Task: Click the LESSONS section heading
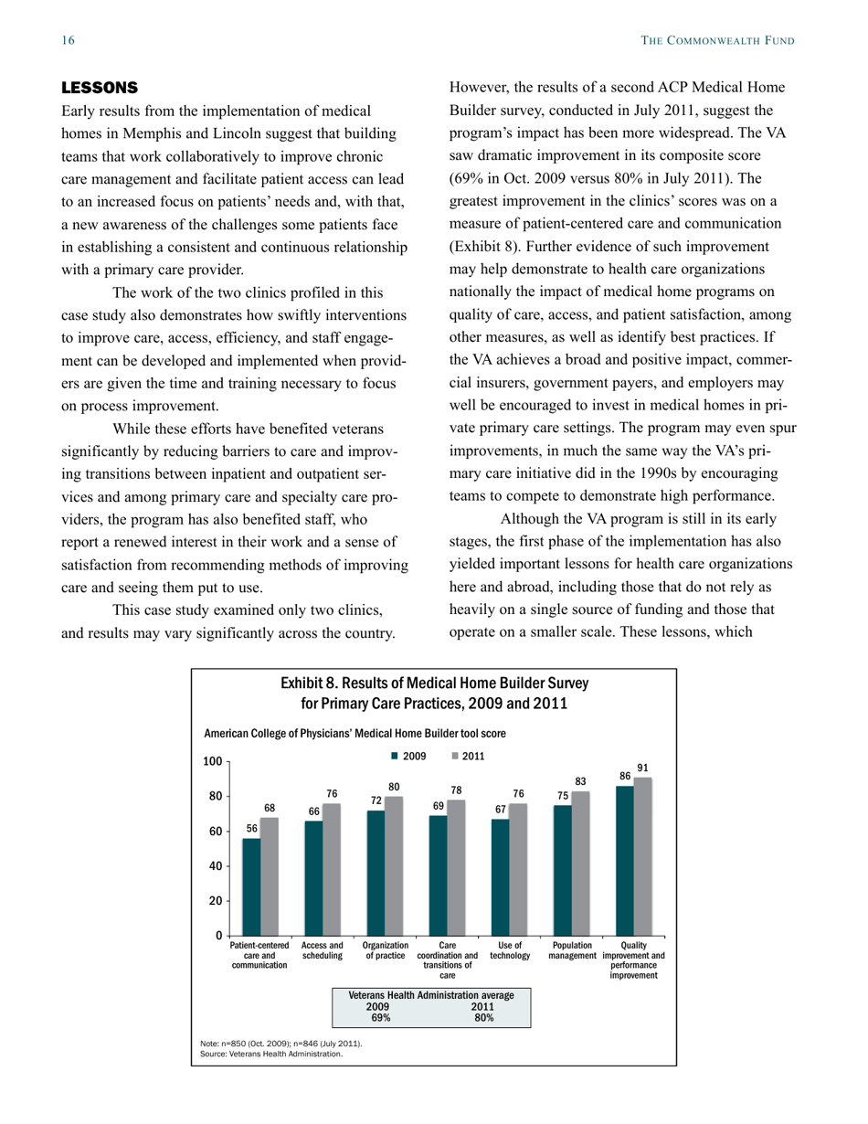(99, 88)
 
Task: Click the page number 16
(68, 40)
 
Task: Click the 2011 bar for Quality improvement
(643, 856)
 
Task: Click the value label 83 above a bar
(581, 781)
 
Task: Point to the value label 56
(252, 828)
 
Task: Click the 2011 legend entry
(468, 756)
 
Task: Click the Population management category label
(572, 951)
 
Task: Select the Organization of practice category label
(386, 951)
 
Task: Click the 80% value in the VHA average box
(484, 1017)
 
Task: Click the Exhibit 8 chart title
(434, 694)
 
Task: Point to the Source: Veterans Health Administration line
(271, 1054)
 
